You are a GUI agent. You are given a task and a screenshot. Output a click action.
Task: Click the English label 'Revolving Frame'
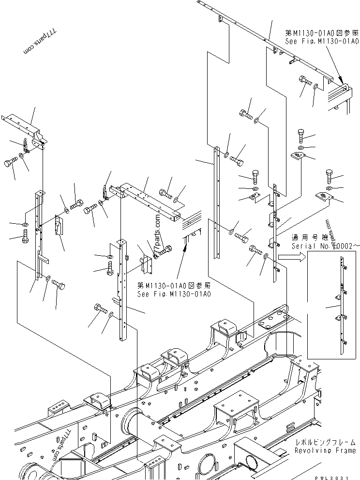[x=325, y=450]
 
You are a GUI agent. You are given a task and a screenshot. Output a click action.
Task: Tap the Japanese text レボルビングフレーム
[x=325, y=442]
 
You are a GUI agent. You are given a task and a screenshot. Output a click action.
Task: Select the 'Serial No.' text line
[x=325, y=246]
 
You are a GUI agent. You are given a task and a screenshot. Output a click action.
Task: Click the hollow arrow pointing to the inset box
[x=292, y=259]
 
